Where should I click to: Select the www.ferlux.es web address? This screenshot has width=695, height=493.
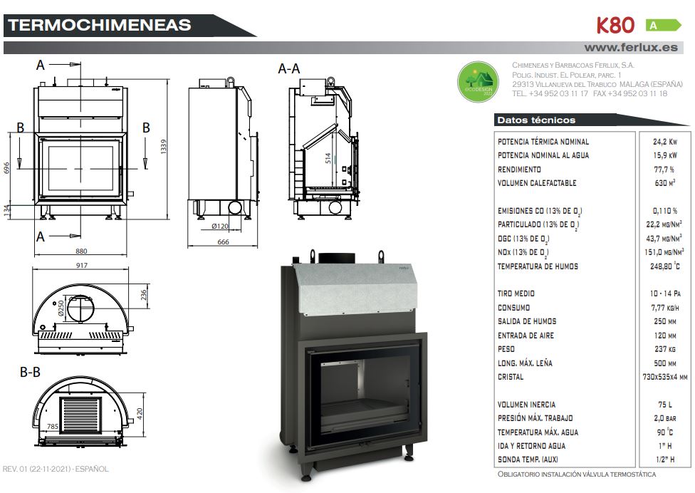[x=630, y=48]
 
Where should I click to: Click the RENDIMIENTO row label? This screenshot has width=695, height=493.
[x=519, y=170]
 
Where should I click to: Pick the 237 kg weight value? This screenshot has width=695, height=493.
[x=663, y=349]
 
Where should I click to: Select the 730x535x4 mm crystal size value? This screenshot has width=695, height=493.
[x=663, y=377]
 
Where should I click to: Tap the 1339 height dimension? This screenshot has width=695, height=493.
[x=162, y=146]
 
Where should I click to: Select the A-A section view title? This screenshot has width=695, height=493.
[x=288, y=69]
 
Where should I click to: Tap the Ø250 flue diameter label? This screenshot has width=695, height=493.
[x=63, y=308]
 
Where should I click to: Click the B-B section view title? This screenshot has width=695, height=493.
[x=30, y=372]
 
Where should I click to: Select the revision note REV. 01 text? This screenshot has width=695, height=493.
[x=56, y=469]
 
